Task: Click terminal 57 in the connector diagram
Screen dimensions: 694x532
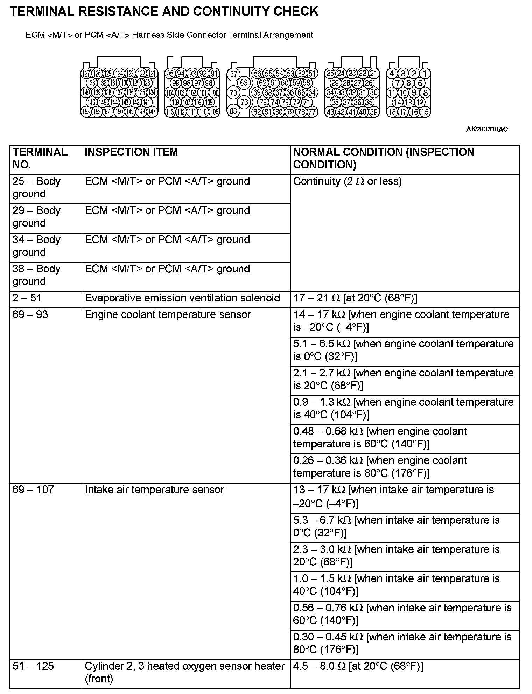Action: [233, 74]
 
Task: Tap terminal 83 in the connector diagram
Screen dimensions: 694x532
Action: [233, 111]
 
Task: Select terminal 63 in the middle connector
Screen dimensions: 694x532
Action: [244, 83]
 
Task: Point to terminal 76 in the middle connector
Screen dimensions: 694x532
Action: [244, 102]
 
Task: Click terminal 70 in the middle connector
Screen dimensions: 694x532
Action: [233, 93]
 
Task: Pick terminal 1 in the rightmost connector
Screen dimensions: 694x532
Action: [425, 74]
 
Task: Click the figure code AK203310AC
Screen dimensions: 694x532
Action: [487, 129]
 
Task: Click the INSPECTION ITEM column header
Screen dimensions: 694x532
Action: [131, 152]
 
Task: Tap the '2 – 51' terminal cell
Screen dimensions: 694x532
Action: [27, 298]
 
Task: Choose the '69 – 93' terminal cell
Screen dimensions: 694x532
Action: [30, 314]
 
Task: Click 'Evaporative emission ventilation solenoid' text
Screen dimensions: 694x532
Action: [182, 298]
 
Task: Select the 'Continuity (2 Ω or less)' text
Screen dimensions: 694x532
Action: [347, 181]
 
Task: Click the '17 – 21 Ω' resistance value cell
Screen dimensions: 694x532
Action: [355, 298]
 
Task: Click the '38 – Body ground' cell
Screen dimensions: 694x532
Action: [36, 275]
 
